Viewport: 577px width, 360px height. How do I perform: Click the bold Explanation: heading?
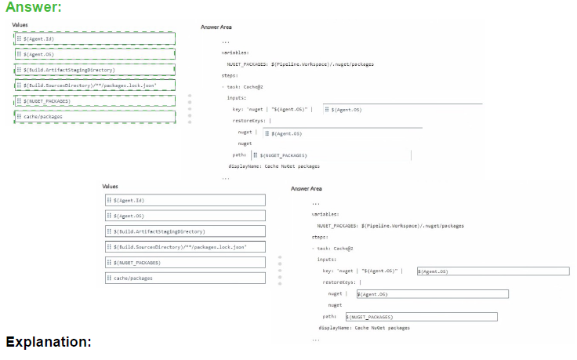[49, 342]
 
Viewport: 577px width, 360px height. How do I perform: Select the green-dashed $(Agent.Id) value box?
[94, 38]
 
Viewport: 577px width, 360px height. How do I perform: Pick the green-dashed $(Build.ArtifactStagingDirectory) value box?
[94, 70]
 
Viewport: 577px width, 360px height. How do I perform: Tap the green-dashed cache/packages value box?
[94, 116]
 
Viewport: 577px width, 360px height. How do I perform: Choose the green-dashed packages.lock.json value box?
[94, 85]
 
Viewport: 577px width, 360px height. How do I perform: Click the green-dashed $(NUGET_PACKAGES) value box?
[94, 101]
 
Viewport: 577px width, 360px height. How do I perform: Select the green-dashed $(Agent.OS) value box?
[94, 54]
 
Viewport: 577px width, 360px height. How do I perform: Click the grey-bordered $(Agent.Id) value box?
[185, 200]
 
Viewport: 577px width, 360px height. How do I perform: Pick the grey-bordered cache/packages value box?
[185, 278]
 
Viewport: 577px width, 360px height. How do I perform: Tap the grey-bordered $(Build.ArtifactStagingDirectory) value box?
[185, 231]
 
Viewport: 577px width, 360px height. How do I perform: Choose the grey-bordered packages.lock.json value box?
[185, 247]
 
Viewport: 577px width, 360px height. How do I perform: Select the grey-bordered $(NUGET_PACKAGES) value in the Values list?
[185, 263]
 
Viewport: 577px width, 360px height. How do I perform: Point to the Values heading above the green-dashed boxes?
[20, 25]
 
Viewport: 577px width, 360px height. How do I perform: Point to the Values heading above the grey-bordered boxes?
[111, 186]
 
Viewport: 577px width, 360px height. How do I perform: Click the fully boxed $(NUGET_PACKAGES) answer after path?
[421, 317]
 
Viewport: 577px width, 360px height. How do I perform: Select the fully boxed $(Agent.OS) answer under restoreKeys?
[431, 294]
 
